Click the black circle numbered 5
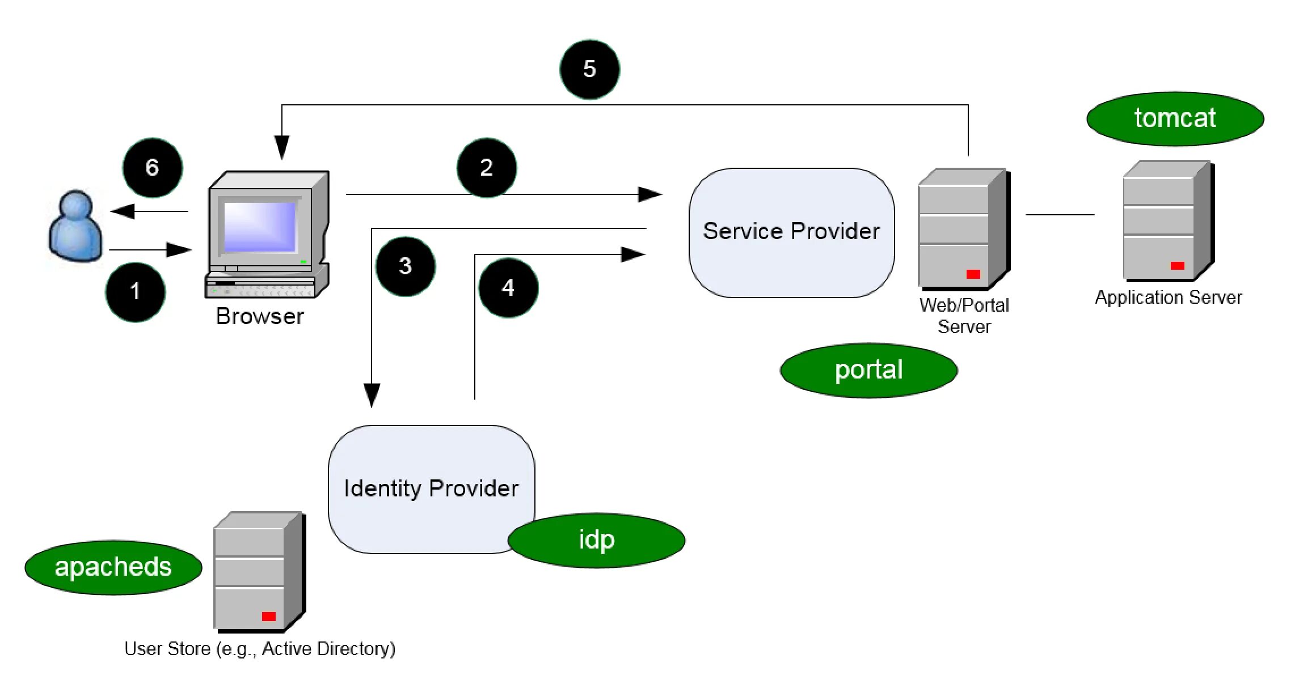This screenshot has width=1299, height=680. [x=589, y=69]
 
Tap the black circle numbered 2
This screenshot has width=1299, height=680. [x=487, y=168]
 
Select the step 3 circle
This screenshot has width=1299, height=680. [x=405, y=266]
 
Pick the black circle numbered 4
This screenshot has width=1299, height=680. [x=508, y=288]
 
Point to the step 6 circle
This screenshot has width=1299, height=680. [x=152, y=168]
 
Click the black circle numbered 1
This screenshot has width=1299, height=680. [x=135, y=292]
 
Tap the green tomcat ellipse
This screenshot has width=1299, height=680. [x=1175, y=118]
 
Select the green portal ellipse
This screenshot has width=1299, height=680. [x=868, y=370]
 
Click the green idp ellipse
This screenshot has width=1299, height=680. [x=596, y=540]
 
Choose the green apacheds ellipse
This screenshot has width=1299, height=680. [x=113, y=567]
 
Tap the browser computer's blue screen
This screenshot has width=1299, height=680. [x=260, y=227]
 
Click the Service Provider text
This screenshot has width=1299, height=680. [x=791, y=231]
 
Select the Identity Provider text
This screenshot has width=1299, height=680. [x=431, y=488]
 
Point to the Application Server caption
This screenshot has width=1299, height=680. [x=1168, y=297]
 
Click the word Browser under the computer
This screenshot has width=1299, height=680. [x=260, y=316]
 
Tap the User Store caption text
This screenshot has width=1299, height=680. [x=260, y=649]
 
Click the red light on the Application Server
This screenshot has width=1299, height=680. [x=1177, y=266]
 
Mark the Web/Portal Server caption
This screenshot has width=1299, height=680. [x=964, y=316]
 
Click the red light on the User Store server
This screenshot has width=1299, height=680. [x=268, y=617]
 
